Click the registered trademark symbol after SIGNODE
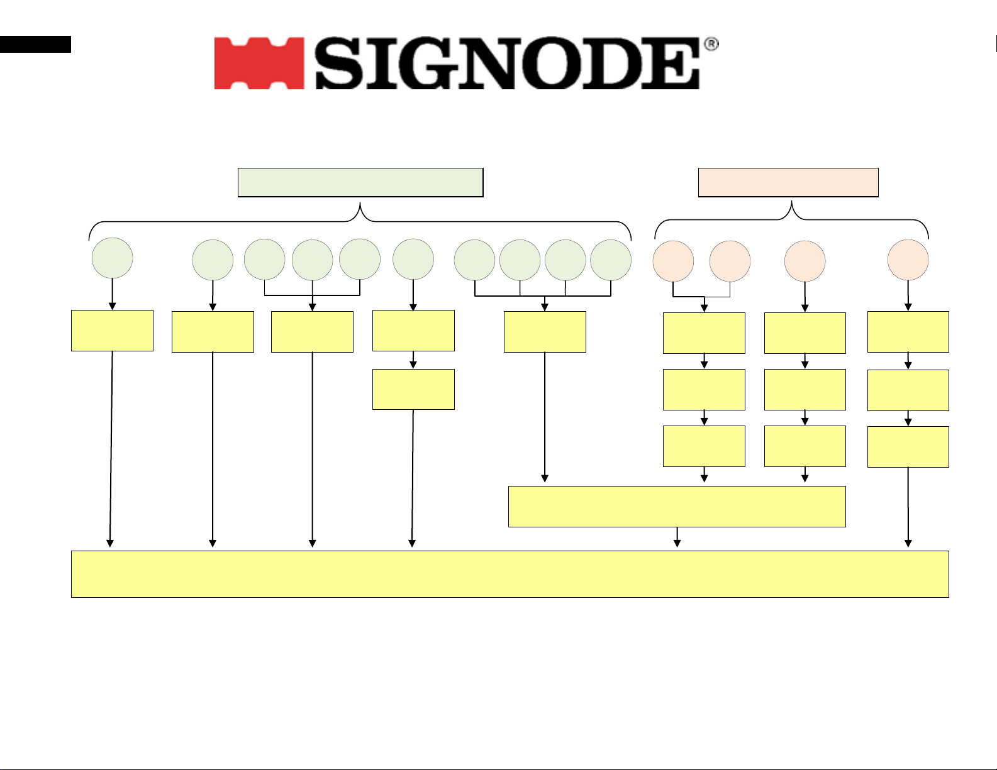[711, 45]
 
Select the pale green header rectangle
[360, 182]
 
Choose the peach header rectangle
[788, 182]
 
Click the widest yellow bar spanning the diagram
[510, 574]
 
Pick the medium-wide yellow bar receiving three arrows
[677, 506]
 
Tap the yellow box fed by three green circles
[312, 331]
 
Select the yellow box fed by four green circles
[545, 331]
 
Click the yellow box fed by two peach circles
[704, 333]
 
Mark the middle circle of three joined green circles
[313, 260]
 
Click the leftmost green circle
[113, 258]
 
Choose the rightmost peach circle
[908, 260]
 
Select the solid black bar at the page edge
[35, 44]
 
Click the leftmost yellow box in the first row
[112, 330]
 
